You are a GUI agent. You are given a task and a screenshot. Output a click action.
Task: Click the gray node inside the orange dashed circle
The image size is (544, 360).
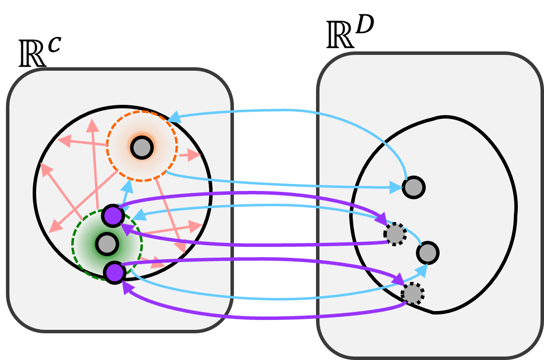142,147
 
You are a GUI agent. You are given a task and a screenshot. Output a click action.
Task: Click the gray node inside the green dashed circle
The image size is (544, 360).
107,244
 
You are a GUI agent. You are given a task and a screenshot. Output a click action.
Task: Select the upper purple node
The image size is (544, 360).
113,216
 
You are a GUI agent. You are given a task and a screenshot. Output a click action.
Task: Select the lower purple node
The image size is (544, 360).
115,272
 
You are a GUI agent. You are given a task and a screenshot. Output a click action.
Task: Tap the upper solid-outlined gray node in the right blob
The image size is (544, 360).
413,187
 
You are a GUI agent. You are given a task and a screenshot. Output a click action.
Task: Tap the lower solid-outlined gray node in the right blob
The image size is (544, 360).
428,253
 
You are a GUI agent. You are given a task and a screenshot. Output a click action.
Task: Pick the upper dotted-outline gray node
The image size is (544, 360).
395,234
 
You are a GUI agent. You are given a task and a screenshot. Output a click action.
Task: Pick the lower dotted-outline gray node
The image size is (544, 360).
412,294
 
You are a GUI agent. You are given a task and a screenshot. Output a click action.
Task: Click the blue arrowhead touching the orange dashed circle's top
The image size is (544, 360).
174,118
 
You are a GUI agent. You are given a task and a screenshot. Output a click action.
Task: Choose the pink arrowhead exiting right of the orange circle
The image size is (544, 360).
195,155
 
